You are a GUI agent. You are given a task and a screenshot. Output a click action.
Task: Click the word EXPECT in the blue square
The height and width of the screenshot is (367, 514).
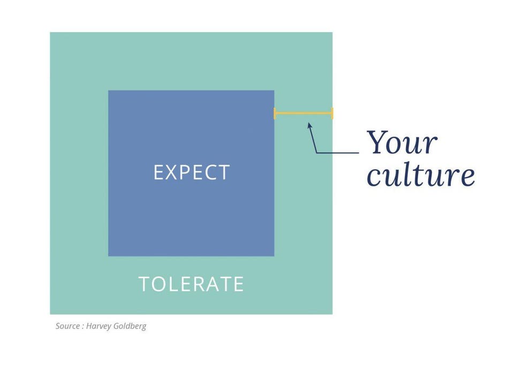tap(192, 172)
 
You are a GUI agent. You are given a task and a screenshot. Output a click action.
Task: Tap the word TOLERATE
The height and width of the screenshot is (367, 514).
tap(192, 284)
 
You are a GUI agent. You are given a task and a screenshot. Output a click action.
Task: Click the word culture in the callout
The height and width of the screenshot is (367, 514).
tap(421, 174)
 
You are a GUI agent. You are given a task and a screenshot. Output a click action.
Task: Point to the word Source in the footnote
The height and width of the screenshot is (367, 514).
tap(67, 326)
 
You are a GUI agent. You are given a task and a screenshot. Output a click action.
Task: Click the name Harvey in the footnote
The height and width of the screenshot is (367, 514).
tap(99, 326)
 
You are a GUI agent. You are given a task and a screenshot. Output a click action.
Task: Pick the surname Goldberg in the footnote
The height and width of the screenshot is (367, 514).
tap(130, 326)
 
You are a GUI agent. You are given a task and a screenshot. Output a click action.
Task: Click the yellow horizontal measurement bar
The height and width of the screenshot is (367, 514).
tap(304, 113)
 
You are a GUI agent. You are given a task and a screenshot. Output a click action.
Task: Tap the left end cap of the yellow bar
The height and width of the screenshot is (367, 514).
tap(275, 113)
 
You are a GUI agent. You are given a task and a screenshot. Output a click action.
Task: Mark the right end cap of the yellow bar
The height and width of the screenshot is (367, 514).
tap(332, 113)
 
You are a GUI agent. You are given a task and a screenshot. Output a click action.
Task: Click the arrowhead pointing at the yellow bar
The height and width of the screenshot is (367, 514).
tap(309, 126)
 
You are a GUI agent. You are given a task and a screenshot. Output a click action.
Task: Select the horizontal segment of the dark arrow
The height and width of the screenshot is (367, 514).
tap(338, 152)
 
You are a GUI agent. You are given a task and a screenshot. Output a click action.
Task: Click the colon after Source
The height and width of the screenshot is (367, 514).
tap(83, 327)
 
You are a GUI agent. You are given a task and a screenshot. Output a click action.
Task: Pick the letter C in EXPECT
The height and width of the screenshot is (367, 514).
tap(209, 172)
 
